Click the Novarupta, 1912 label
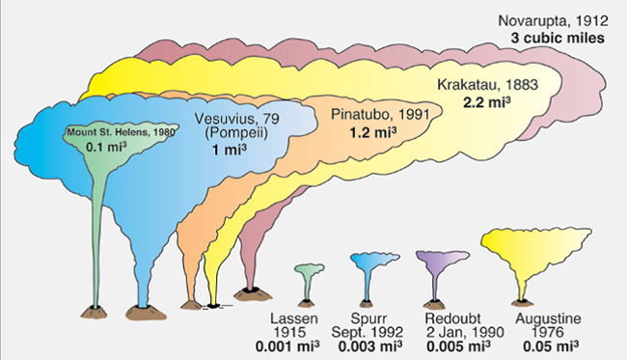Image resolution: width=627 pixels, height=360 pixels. [x=551, y=20]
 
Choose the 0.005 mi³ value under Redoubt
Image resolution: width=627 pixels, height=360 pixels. [x=450, y=345]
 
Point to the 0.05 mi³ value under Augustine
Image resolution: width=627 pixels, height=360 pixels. [x=548, y=345]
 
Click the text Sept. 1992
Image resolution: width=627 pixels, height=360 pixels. [x=372, y=330]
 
